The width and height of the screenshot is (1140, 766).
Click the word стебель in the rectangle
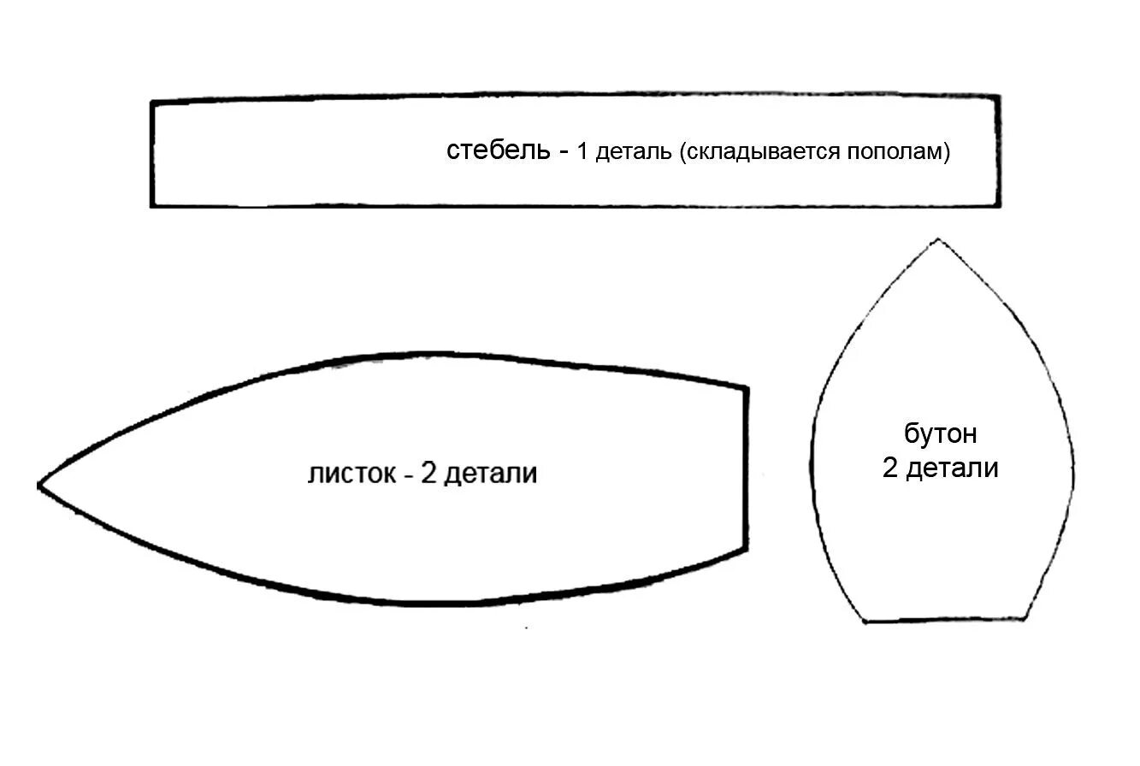click(498, 151)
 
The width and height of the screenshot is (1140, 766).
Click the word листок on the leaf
click(351, 473)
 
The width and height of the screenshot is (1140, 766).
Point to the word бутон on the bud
click(941, 434)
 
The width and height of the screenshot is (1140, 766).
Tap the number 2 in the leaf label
click(428, 473)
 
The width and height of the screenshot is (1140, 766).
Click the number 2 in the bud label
click(890, 468)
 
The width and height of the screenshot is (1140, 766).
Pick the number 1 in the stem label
click(583, 152)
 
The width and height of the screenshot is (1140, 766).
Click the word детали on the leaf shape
click(491, 474)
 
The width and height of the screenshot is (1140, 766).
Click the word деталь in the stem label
click(634, 153)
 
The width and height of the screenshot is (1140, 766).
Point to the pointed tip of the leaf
click(40, 486)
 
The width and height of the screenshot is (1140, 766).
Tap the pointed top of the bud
click(938, 241)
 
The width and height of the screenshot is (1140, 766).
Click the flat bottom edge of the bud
click(945, 620)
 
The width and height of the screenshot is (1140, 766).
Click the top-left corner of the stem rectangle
click(153, 103)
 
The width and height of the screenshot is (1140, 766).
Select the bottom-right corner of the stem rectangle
click(998, 205)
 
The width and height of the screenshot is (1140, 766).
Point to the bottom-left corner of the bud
click(865, 621)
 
